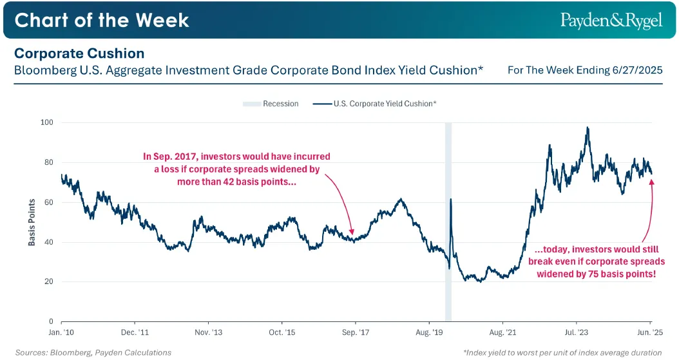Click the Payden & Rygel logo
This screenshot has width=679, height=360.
tap(611, 21)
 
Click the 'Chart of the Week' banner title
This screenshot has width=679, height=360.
tap(102, 21)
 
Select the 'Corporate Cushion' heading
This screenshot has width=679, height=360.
tap(79, 53)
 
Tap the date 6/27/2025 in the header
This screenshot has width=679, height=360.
tap(637, 70)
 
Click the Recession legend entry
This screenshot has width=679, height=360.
tap(271, 104)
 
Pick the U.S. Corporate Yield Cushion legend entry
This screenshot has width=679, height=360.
tap(374, 104)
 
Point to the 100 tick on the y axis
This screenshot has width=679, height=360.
tap(47, 122)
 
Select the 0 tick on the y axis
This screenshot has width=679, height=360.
tap(51, 321)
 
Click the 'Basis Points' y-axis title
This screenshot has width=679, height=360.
tap(32, 222)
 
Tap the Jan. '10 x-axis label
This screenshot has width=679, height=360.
tap(61, 332)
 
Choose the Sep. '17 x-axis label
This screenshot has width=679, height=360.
tap(356, 332)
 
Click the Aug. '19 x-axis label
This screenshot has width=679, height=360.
tap(429, 332)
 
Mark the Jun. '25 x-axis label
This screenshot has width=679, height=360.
tap(650, 332)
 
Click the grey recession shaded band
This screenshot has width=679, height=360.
tap(448, 222)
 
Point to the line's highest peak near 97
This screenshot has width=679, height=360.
tap(587, 128)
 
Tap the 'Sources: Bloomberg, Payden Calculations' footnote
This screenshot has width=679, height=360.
tap(93, 353)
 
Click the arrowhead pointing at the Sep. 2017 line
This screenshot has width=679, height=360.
tap(352, 231)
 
